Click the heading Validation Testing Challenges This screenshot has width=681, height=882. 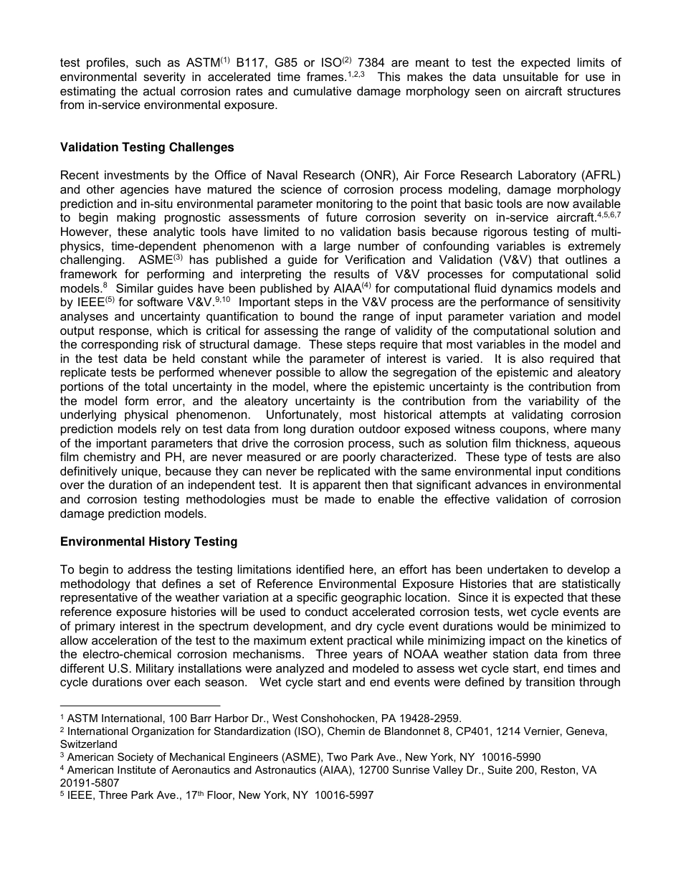pyautogui.click(x=147, y=147)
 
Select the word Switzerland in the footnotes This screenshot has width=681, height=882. pyautogui.click(x=88, y=744)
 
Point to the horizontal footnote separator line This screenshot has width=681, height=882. pyautogui.click(x=140, y=706)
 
